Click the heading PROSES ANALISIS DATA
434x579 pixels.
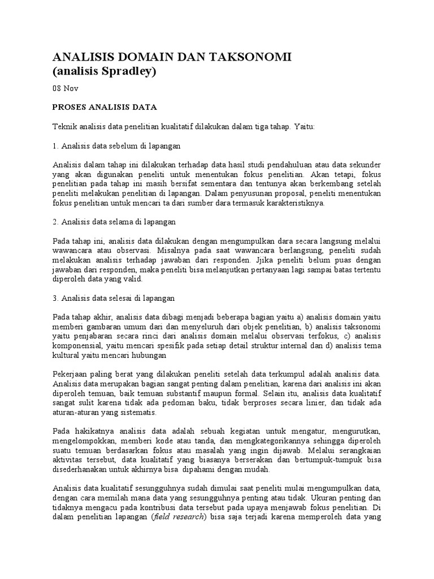[x=104, y=107]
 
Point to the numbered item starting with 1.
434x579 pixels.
[x=116, y=146]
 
